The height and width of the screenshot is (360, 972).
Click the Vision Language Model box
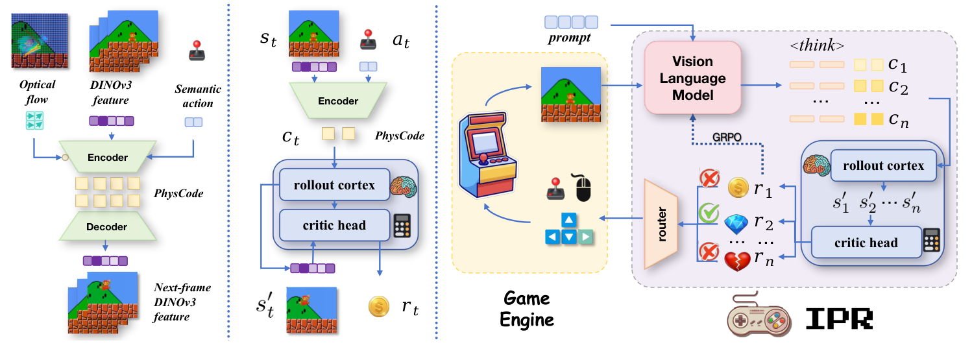pos(692,78)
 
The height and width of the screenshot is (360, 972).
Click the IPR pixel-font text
pos(831,319)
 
